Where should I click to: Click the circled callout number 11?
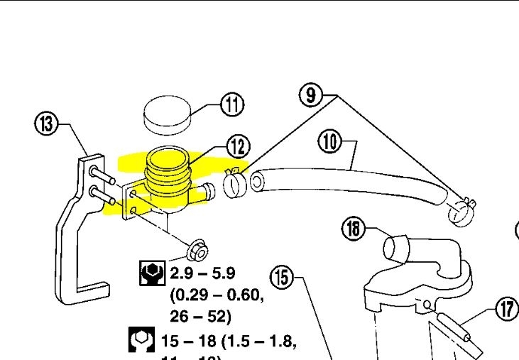coord(231,104)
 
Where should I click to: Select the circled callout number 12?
coord(238,146)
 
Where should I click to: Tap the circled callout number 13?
coord(46,124)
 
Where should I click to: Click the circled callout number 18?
coord(353,228)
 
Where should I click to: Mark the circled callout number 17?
coord(505,310)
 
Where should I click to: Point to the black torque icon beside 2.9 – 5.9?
coord(151,273)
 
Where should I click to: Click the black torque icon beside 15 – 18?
coord(141,340)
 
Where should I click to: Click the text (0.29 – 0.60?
coord(217,294)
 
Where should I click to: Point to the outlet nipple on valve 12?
coord(207,191)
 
